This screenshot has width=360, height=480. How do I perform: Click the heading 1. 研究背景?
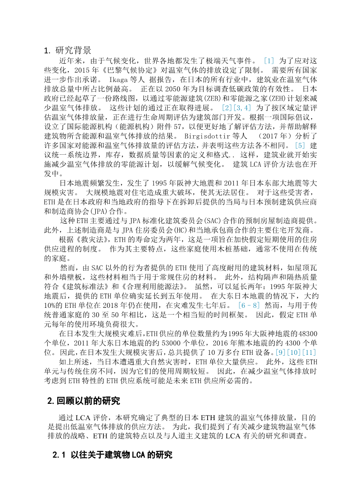68,50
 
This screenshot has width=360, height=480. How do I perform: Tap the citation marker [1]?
269,61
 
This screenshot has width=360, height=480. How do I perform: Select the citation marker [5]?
300,146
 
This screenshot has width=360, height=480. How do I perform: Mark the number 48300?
309,333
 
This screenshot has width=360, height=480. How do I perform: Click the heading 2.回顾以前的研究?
84,401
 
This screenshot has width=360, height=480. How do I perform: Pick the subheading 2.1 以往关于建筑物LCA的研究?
112,455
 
